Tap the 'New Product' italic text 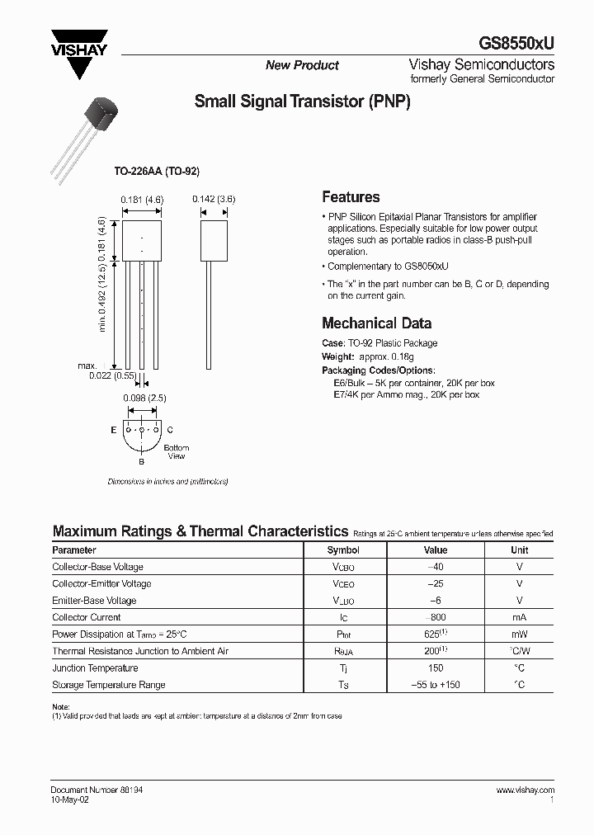pyautogui.click(x=302, y=65)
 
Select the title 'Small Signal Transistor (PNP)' pyautogui.click(x=302, y=102)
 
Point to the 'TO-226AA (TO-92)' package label pyautogui.click(x=157, y=171)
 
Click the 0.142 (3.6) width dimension pyautogui.click(x=214, y=199)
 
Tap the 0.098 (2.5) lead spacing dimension pyautogui.click(x=144, y=398)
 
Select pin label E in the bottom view pyautogui.click(x=113, y=430)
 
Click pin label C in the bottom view pyautogui.click(x=169, y=430)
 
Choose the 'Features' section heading pyautogui.click(x=351, y=197)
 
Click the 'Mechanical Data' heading pyautogui.click(x=376, y=323)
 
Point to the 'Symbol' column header pyautogui.click(x=343, y=550)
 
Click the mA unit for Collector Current pyautogui.click(x=519, y=617)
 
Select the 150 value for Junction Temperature pyautogui.click(x=435, y=668)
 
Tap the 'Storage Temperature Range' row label pyautogui.click(x=109, y=685)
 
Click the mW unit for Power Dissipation pyautogui.click(x=519, y=635)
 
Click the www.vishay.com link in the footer pyautogui.click(x=525, y=790)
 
